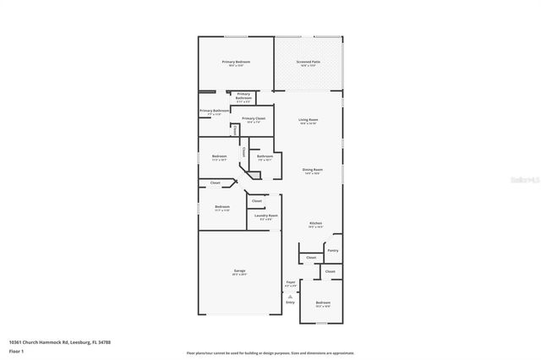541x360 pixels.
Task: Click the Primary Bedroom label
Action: tap(236, 62)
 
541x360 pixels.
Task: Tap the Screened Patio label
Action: tap(308, 62)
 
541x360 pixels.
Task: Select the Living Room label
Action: tap(308, 120)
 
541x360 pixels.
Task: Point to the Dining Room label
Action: tap(313, 170)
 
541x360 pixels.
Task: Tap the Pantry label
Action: tap(332, 250)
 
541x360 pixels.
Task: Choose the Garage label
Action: tap(240, 271)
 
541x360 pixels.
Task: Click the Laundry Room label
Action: tap(266, 215)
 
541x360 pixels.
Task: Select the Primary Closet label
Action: tap(254, 119)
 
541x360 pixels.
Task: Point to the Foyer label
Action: tap(290, 282)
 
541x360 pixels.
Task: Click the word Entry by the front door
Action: tap(290, 303)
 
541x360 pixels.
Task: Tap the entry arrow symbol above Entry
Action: tap(290, 296)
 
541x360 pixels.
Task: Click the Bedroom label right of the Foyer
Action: tap(323, 303)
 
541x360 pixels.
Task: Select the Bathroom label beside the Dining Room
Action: tap(265, 156)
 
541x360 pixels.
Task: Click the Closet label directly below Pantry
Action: tap(311, 257)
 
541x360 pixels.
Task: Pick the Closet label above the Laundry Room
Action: tap(257, 200)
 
